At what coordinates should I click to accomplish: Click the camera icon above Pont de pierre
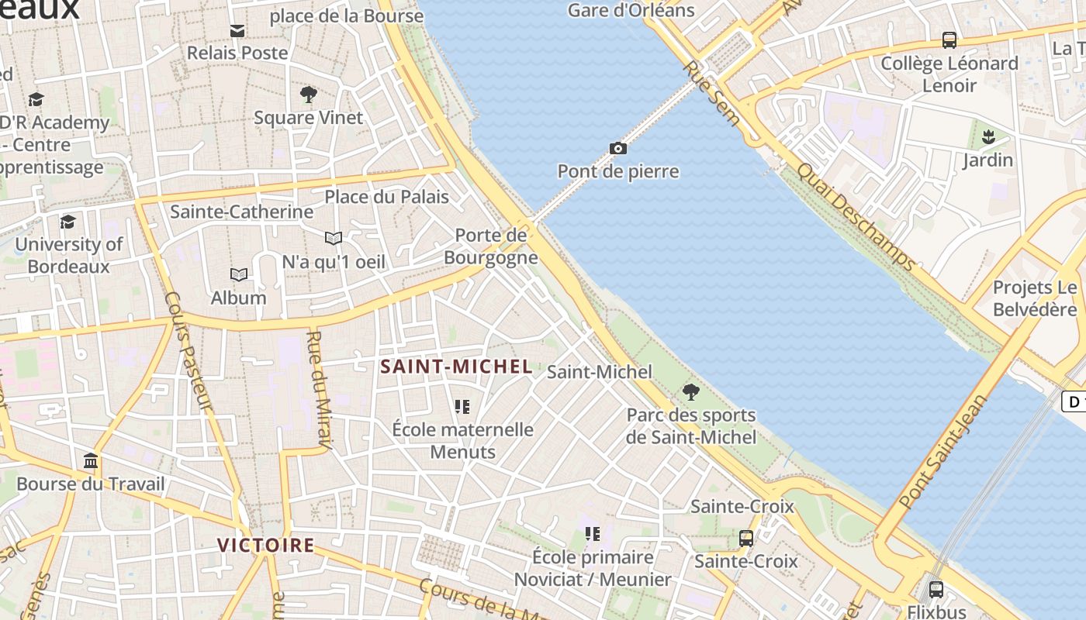pyautogui.click(x=617, y=148)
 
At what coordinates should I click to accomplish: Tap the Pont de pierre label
pyautogui.click(x=618, y=171)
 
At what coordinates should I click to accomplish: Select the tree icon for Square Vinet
pyautogui.click(x=308, y=95)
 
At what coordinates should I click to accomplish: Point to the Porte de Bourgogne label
pyautogui.click(x=492, y=246)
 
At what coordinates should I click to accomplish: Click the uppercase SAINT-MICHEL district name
pyautogui.click(x=457, y=367)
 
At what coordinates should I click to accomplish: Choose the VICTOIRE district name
pyautogui.click(x=266, y=545)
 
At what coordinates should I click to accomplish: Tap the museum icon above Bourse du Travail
pyautogui.click(x=91, y=461)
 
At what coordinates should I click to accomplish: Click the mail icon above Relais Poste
pyautogui.click(x=237, y=31)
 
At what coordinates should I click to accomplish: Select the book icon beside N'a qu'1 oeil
pyautogui.click(x=334, y=238)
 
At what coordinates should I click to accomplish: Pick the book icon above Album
pyautogui.click(x=239, y=274)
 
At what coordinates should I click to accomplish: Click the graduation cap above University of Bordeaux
pyautogui.click(x=68, y=222)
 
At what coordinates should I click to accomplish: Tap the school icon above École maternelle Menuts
pyautogui.click(x=462, y=406)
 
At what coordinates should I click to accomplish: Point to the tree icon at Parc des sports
pyautogui.click(x=690, y=391)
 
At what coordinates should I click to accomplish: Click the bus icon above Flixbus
pyautogui.click(x=936, y=589)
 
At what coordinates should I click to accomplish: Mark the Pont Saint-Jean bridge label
pyautogui.click(x=944, y=451)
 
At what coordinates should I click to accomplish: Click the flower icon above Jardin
pyautogui.click(x=987, y=138)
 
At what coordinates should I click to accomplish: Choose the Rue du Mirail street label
pyautogui.click(x=320, y=390)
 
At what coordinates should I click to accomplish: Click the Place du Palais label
pyautogui.click(x=386, y=197)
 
